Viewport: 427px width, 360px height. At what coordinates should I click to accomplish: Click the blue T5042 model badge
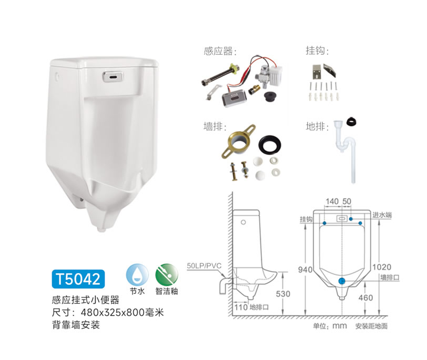tap(78, 279)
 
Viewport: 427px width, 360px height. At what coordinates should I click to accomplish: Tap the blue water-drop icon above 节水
tap(138, 275)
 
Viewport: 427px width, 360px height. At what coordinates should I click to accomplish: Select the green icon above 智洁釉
tap(167, 275)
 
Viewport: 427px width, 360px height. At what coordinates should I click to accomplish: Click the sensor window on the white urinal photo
tap(113, 76)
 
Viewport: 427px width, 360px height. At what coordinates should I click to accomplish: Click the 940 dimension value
tap(305, 269)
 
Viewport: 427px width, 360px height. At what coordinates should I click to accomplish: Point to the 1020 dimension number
tap(382, 267)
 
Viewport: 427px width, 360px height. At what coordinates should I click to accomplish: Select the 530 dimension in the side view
tap(283, 294)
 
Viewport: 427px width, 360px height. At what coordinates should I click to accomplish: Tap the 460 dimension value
tap(365, 297)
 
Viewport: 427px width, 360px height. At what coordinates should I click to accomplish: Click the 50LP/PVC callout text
tap(204, 265)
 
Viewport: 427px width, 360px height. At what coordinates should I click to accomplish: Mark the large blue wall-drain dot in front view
tap(342, 281)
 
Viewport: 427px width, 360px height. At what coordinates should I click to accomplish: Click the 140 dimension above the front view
tap(332, 202)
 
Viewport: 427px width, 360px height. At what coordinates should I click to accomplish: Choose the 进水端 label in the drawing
tap(382, 215)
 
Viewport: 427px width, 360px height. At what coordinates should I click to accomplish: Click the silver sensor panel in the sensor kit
tap(234, 97)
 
